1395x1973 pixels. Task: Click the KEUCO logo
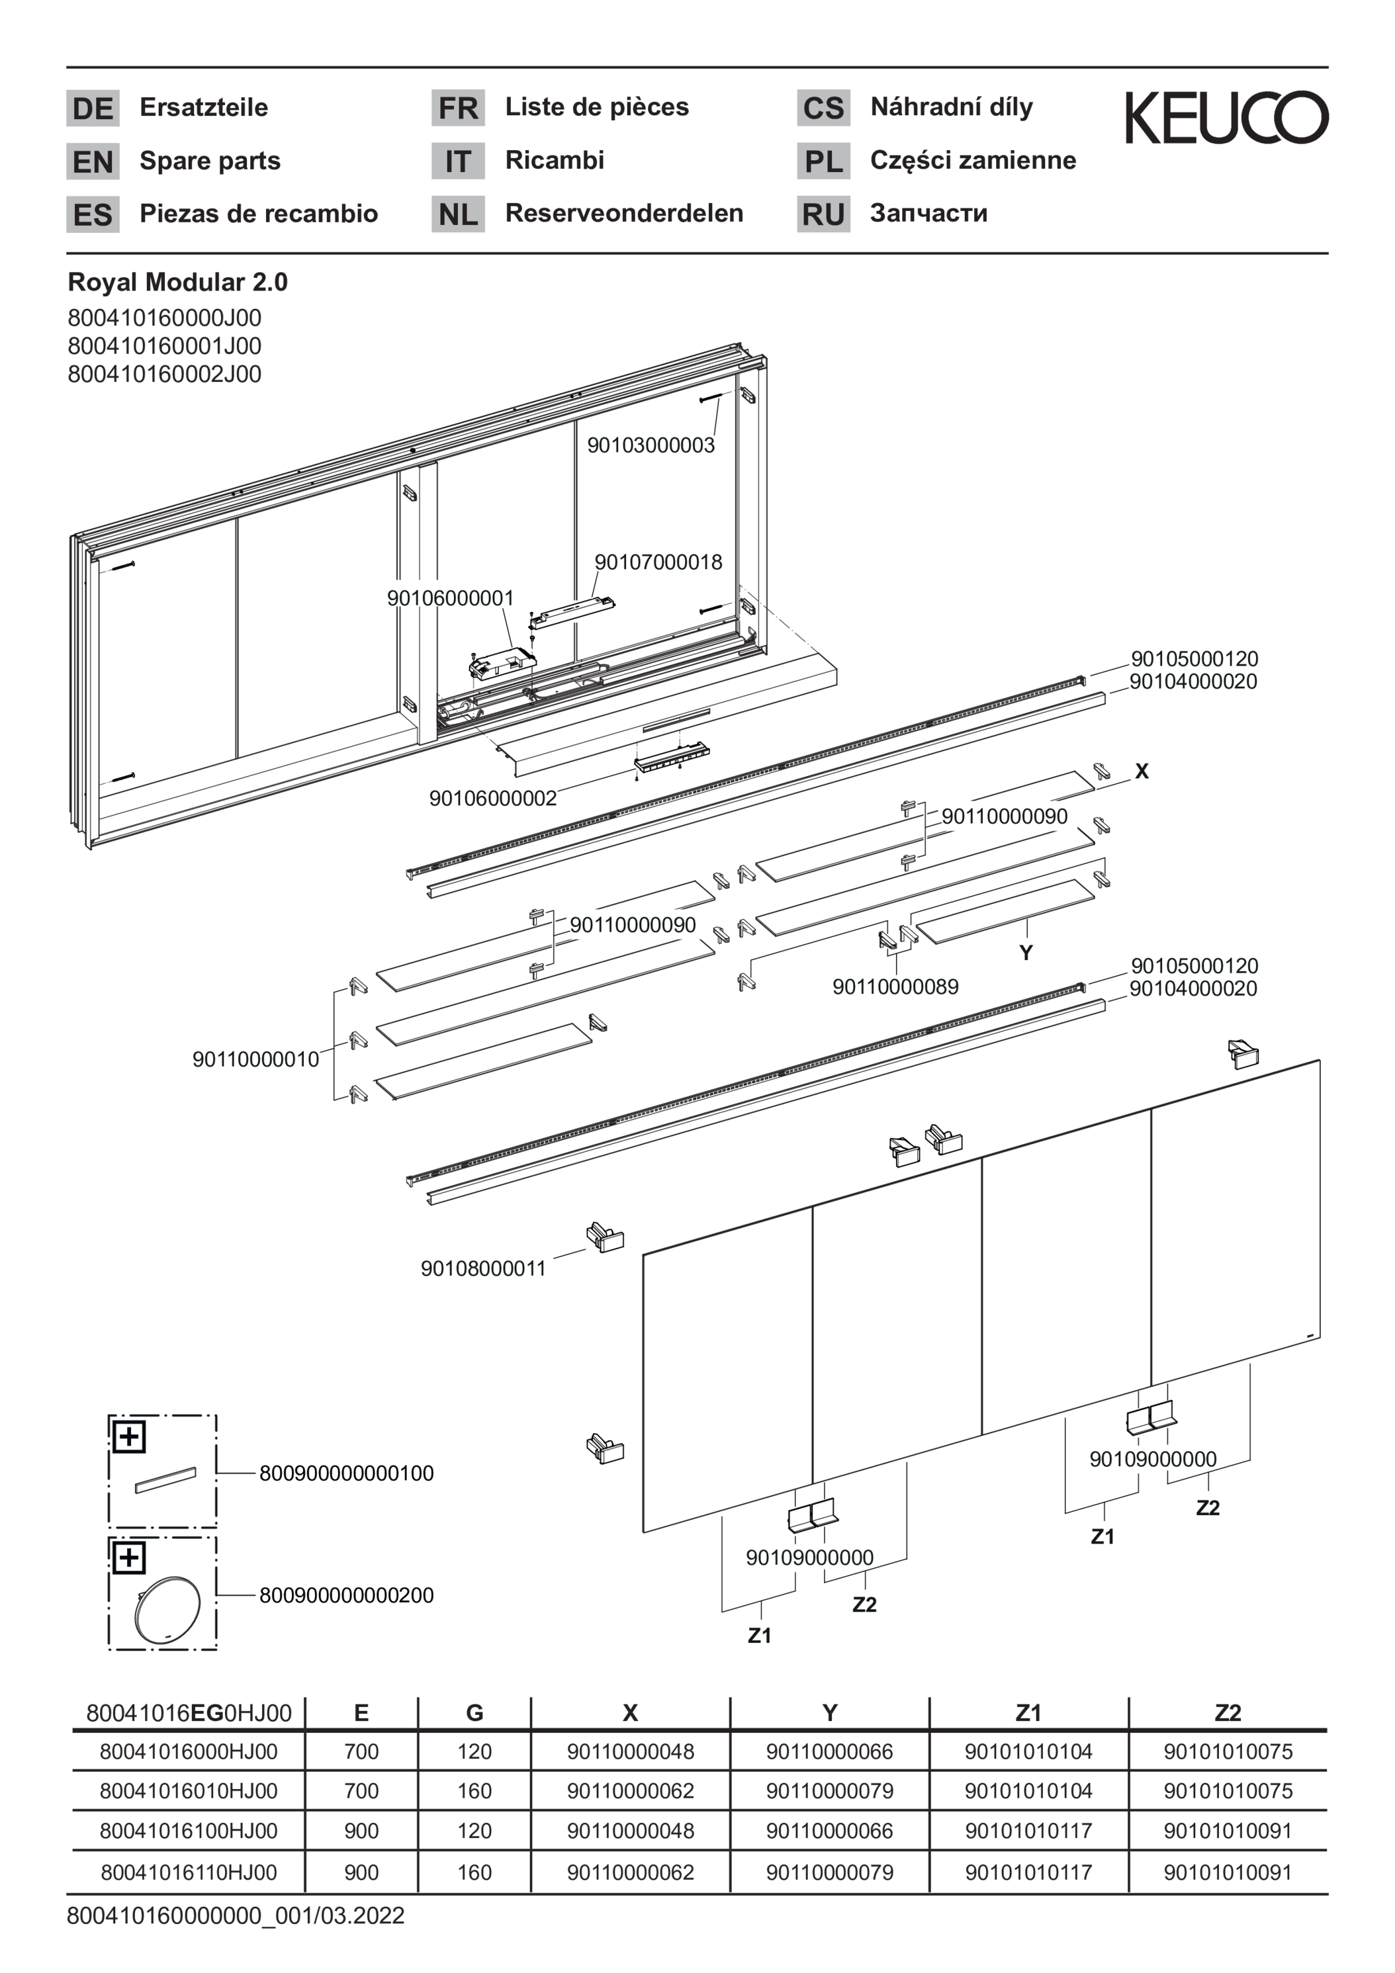(x=1226, y=118)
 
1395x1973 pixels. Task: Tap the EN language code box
(x=93, y=161)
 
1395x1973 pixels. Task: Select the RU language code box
(x=823, y=214)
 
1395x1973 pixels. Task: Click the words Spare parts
(x=210, y=161)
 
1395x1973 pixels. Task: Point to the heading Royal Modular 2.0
(x=178, y=282)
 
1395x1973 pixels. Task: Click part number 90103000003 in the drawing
(x=651, y=445)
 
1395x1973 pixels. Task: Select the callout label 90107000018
(x=658, y=562)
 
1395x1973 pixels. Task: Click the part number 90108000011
(x=483, y=1268)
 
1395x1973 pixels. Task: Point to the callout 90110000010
(x=256, y=1059)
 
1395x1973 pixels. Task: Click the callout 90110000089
(x=895, y=986)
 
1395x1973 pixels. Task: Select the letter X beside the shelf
(x=1142, y=771)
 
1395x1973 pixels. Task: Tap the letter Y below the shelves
(x=1026, y=953)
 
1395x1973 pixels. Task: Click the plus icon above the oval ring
(x=129, y=1558)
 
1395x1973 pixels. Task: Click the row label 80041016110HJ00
(x=188, y=1872)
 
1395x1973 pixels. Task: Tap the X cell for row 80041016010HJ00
(x=630, y=1792)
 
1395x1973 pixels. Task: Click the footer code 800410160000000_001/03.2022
(x=236, y=1916)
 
